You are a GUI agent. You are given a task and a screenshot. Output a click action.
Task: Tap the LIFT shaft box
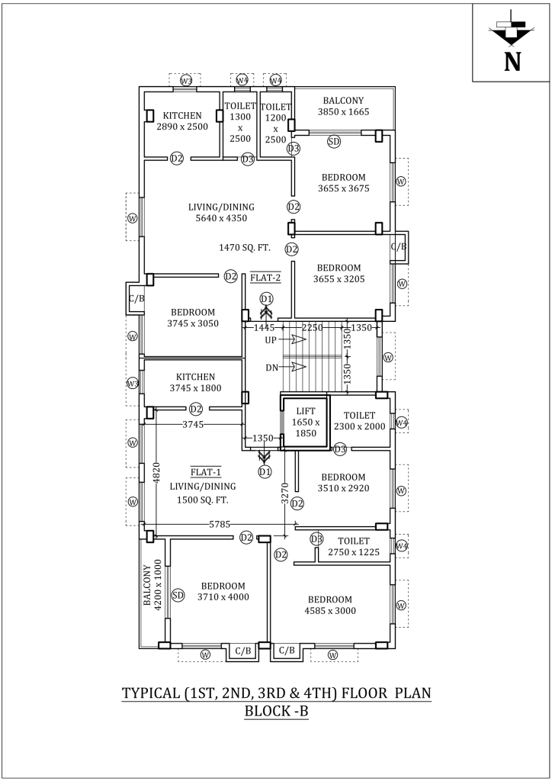pos(304,421)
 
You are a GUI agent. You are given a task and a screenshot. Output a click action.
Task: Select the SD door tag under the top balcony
pos(333,141)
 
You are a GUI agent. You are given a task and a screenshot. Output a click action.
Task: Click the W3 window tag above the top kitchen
pos(186,80)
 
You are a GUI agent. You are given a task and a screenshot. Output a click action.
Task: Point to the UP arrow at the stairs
pos(292,339)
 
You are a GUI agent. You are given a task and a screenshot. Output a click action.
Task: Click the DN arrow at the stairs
pos(292,367)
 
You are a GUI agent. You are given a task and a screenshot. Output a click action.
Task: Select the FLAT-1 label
pos(206,471)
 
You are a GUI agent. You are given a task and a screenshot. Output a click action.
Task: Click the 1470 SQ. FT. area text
pos(245,248)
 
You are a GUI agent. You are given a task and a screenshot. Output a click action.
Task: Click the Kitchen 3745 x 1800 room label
pos(196,382)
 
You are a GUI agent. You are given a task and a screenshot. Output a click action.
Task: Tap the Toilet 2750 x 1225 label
pos(353,546)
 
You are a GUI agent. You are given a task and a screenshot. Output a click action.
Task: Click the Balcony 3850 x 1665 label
pos(343,106)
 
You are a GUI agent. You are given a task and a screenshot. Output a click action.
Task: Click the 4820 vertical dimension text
pos(156,474)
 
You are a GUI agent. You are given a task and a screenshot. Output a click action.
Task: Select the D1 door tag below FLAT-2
pos(266,298)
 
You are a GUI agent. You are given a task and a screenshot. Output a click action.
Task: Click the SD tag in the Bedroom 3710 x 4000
pos(178,594)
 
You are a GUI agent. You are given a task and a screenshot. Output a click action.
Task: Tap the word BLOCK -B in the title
pos(276,712)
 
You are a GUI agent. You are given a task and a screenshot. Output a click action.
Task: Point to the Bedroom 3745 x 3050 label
pos(193,317)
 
